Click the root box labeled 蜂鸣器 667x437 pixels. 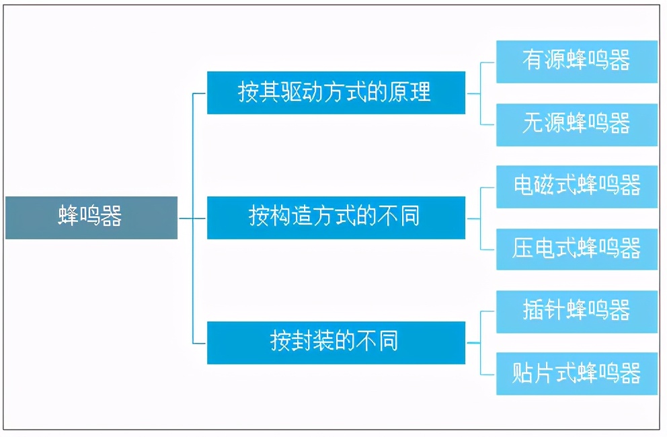pyautogui.click(x=91, y=218)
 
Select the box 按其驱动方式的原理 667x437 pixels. pyautogui.click(x=336, y=93)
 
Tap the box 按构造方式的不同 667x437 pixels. pyautogui.click(x=336, y=218)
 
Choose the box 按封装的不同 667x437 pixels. pyautogui.click(x=336, y=343)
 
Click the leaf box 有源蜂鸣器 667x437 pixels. pyautogui.click(x=576, y=62)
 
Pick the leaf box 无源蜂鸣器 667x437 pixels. pyautogui.click(x=576, y=124)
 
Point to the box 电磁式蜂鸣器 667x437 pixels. pyautogui.click(x=576, y=186)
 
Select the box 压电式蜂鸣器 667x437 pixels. pyautogui.click(x=576, y=249)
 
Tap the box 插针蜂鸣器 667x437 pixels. pyautogui.click(x=576, y=311)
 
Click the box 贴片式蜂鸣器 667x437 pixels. pyautogui.click(x=576, y=374)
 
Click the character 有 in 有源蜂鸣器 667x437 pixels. pyautogui.click(x=533, y=61)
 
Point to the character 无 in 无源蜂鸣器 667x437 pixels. pyautogui.click(x=533, y=123)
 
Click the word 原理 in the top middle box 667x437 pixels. pyautogui.click(x=409, y=92)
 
